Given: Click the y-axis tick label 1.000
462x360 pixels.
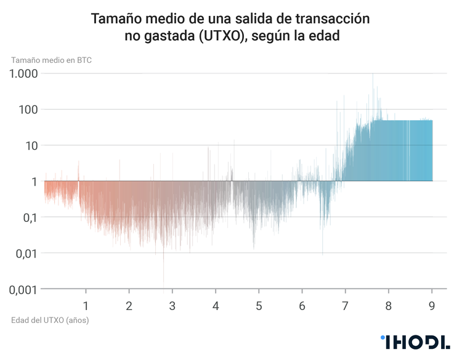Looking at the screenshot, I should tap(23, 73).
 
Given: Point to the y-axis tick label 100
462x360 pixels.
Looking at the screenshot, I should tap(27, 109).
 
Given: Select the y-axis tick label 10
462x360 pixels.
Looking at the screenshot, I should tap(30, 145).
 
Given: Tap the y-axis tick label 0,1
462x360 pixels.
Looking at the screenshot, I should tap(28, 217).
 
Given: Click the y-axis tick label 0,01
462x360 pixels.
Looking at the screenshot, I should tap(24, 253).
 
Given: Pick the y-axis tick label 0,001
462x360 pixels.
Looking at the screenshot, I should tap(21, 289).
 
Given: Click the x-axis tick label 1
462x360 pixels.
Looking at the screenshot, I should tap(86, 306).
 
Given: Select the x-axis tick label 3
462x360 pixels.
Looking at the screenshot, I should tap(172, 306).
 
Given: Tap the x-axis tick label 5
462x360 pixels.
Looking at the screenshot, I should tap(259, 306).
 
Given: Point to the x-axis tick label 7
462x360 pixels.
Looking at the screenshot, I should tap(345, 306).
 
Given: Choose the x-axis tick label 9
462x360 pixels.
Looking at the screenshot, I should tap(432, 306).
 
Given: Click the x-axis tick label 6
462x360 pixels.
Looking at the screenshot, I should tap(302, 306).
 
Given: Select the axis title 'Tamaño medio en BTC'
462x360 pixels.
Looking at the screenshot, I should tap(51, 60).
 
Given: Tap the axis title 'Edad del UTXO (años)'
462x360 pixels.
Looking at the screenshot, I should tap(50, 321).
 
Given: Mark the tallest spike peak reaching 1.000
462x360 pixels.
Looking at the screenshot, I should tap(373, 75).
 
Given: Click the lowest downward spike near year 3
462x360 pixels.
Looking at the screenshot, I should tap(163, 285).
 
